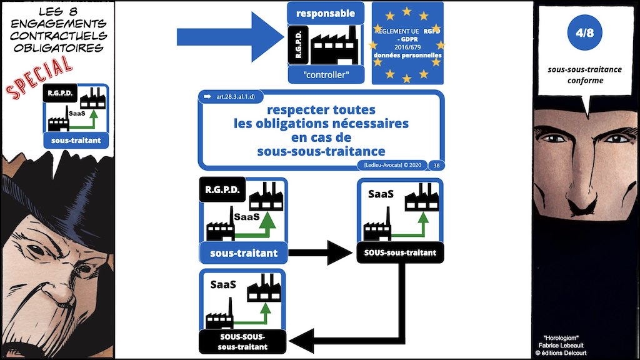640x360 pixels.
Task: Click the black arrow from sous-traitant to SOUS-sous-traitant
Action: (322, 253)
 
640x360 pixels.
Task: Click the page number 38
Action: (436, 165)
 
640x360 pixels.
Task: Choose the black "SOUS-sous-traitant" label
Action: (400, 252)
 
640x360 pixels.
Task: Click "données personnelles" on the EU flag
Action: (407, 56)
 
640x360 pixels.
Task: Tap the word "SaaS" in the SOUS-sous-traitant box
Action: (381, 194)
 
